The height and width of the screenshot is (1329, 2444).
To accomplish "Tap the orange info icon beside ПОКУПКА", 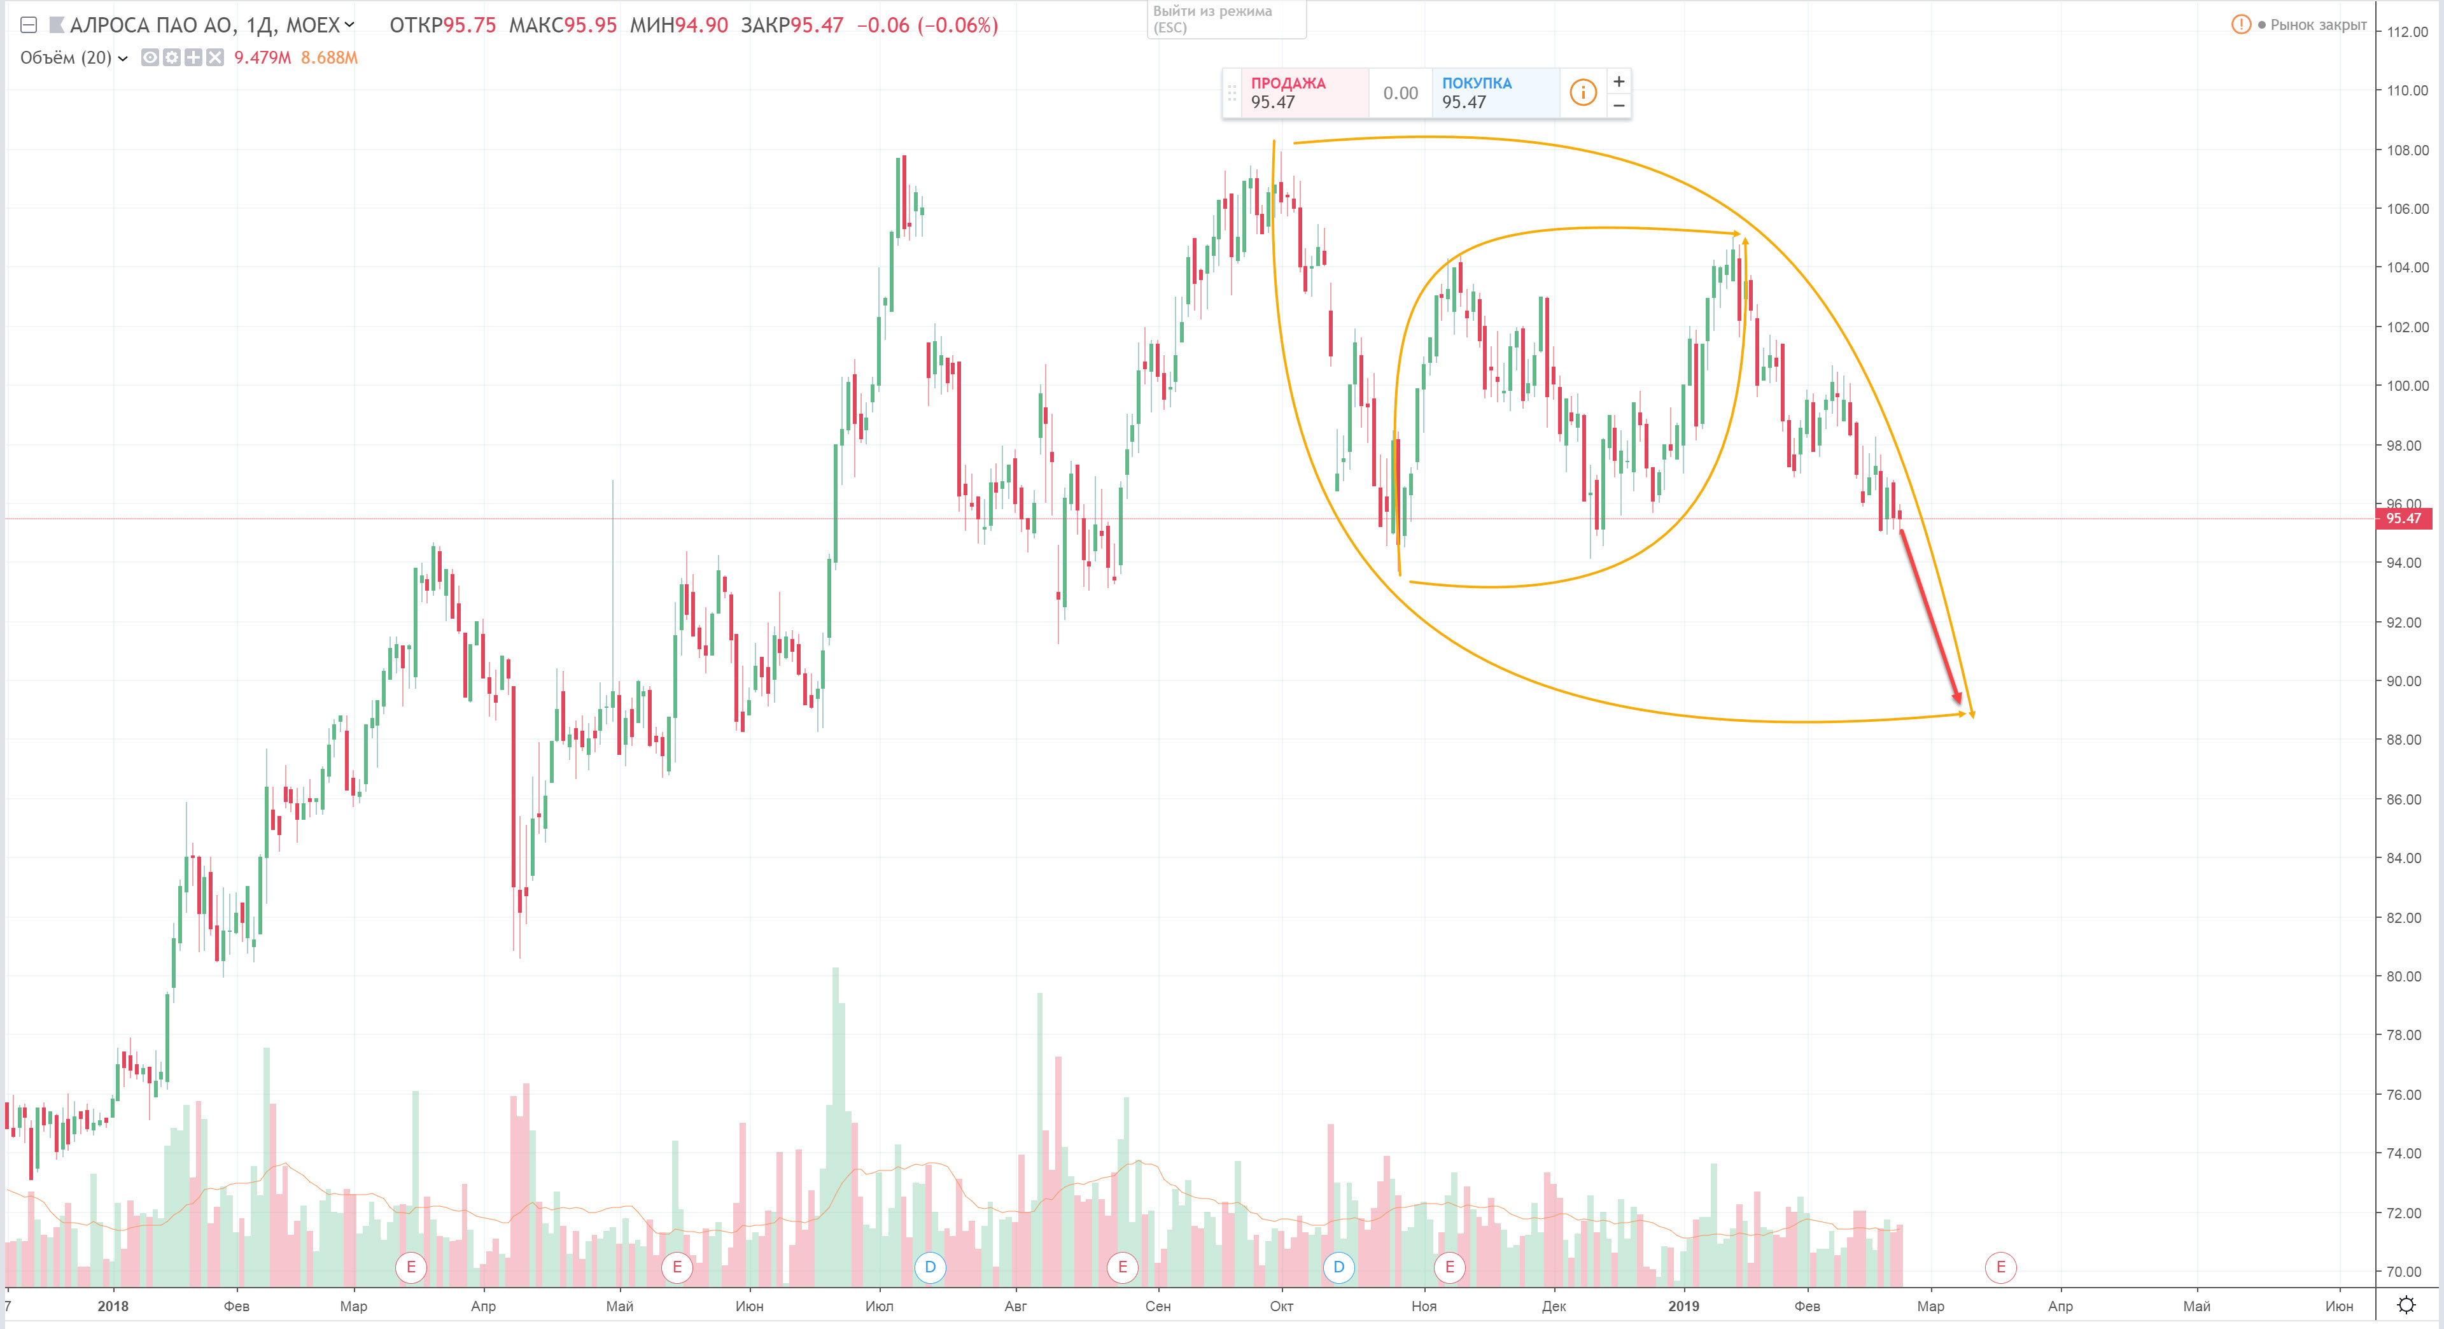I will [x=1582, y=93].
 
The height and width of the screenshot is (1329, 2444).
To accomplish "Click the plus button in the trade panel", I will [x=1619, y=81].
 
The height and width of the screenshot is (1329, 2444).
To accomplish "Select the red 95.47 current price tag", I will [x=2403, y=519].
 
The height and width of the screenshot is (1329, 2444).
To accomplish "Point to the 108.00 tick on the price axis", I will [x=2407, y=150].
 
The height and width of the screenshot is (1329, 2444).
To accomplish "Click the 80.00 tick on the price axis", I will [x=2407, y=976].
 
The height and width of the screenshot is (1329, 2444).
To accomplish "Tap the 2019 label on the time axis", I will [x=1683, y=1306].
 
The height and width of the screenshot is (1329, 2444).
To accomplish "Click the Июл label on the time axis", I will [x=878, y=1306].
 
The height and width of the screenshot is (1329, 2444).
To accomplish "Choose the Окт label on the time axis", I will [x=1281, y=1306].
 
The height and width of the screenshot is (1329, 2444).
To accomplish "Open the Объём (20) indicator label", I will [x=66, y=58].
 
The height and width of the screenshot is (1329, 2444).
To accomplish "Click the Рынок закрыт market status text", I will [x=2317, y=25].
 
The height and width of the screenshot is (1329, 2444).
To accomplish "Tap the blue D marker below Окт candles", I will [x=1338, y=1267].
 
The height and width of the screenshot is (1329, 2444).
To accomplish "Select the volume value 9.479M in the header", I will [x=262, y=58].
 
